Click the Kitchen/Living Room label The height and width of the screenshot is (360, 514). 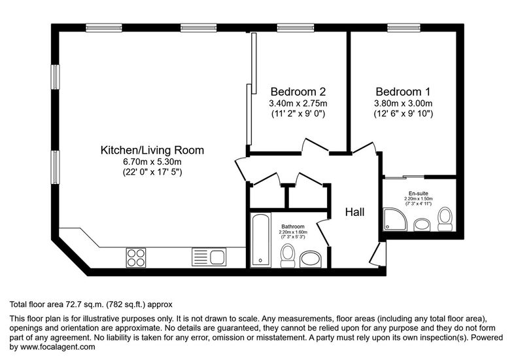point(152,150)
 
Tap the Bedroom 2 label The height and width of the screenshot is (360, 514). point(298,91)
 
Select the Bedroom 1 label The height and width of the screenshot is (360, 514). point(403,91)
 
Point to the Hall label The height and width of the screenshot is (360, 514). point(354,212)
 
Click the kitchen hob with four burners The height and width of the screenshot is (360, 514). point(136,258)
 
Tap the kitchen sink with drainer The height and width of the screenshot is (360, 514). point(209,257)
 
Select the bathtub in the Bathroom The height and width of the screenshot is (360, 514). point(261,240)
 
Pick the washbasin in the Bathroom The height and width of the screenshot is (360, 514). point(311,260)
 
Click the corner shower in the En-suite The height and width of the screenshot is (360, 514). point(395,219)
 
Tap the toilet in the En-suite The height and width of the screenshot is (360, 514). point(445,219)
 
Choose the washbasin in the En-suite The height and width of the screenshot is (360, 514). point(422,225)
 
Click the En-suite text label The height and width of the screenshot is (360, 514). point(419,194)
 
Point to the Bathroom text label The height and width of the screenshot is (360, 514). point(293,226)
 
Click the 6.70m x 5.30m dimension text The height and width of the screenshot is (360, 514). point(152,162)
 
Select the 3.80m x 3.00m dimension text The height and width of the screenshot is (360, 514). point(403,103)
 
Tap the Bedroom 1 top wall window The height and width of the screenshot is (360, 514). point(403,27)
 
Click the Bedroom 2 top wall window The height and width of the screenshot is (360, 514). point(296,27)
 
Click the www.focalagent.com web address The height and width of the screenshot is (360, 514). point(58,347)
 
